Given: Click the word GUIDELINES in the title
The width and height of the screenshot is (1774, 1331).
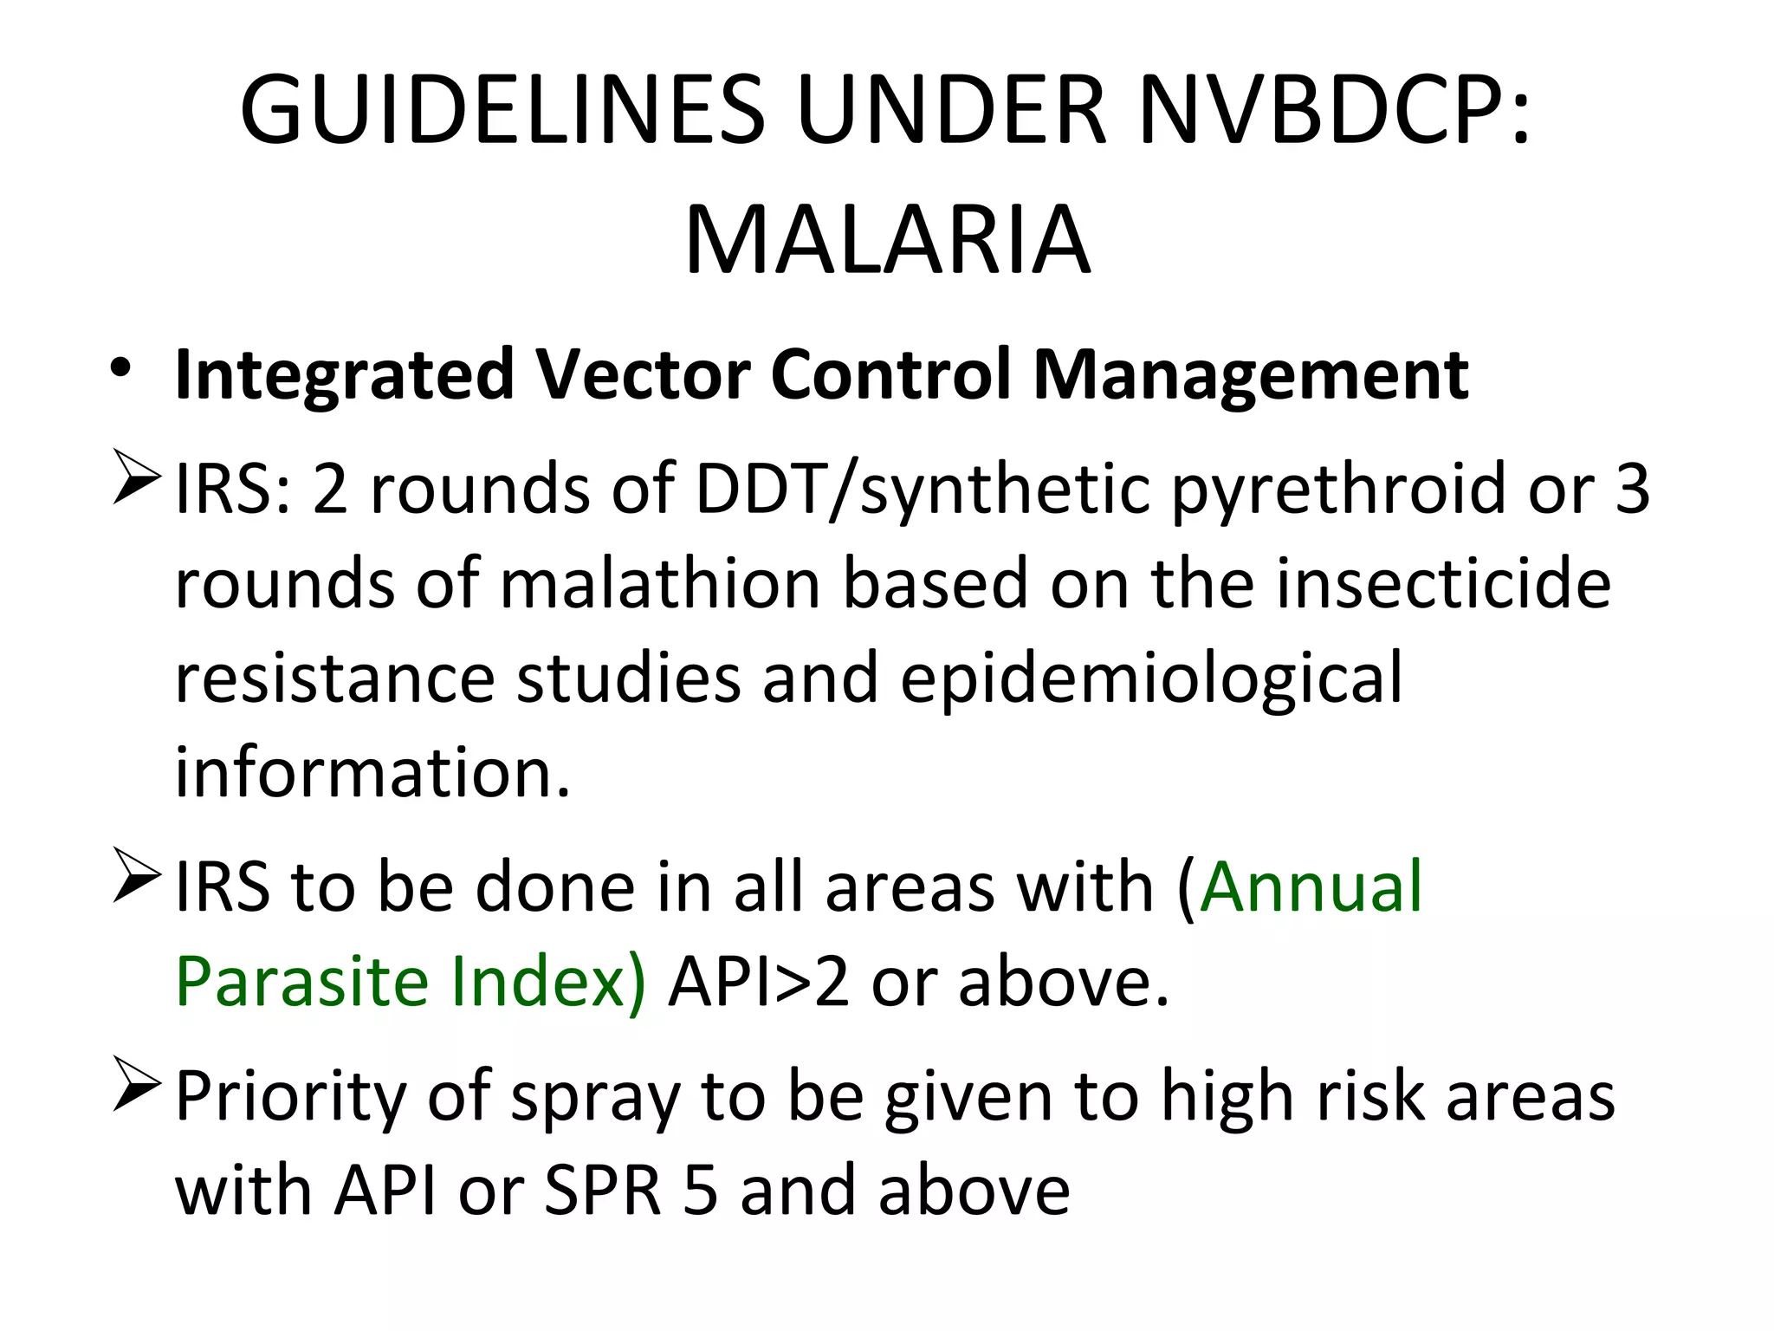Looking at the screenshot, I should (502, 111).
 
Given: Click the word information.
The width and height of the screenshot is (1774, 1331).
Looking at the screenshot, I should (372, 771).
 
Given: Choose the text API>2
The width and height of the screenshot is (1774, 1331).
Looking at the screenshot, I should (759, 981).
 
